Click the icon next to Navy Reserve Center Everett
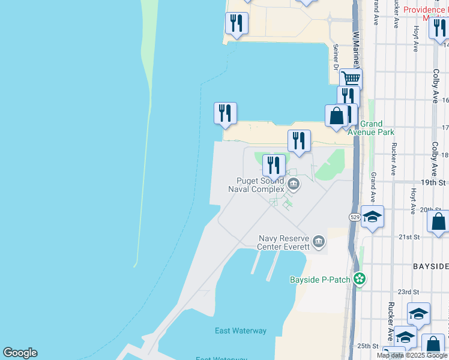[x=319, y=242]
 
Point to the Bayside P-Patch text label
[x=320, y=280]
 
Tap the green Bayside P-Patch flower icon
[x=359, y=279]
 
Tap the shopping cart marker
[x=351, y=78]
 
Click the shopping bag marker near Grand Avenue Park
[x=336, y=115]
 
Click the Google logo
[x=20, y=353]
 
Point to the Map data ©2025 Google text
[x=412, y=355]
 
